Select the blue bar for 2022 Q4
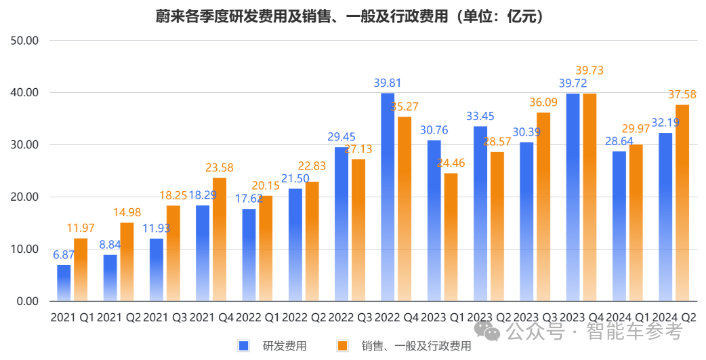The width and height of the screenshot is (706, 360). pos(388,197)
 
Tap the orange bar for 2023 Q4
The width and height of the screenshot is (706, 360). pos(589,197)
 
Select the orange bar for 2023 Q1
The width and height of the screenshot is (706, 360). pos(451,237)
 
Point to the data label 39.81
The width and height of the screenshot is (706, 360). pos(388,83)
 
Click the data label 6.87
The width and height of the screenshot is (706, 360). pos(64,255)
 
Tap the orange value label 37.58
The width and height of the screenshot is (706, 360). pos(682,95)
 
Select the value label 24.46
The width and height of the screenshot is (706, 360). pos(451,163)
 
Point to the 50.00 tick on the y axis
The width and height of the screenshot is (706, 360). pos(24,40)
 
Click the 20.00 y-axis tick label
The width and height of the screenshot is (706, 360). pos(24,197)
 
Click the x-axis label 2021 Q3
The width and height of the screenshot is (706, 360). pos(165,317)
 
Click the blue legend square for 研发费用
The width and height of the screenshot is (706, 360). pos(244,346)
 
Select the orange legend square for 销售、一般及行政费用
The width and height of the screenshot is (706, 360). pos(343,346)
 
